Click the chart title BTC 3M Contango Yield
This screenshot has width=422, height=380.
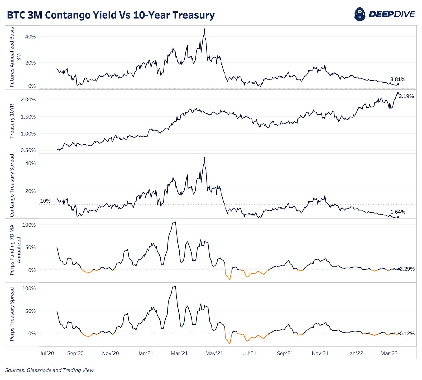point(111,15)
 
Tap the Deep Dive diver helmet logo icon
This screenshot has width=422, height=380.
point(360,14)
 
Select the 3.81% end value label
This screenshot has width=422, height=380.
point(397,79)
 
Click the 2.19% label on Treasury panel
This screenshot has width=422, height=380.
point(406,96)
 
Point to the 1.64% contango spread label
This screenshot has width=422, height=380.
point(397,212)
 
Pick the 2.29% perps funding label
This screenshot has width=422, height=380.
point(407,269)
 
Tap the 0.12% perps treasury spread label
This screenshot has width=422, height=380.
point(407,334)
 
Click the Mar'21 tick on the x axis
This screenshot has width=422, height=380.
point(179,353)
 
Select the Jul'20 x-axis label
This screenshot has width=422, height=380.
point(47,353)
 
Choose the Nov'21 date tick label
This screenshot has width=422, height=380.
point(320,353)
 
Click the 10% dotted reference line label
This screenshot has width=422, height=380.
point(45,201)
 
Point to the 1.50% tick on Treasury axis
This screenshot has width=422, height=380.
point(28,117)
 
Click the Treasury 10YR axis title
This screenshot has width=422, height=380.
point(12,121)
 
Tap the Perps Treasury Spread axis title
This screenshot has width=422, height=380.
point(12,314)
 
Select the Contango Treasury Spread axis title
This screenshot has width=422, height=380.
point(12,186)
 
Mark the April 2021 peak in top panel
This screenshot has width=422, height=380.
point(205,29)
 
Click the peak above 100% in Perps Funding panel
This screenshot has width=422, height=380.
point(175,222)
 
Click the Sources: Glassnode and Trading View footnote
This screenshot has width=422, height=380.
point(49,370)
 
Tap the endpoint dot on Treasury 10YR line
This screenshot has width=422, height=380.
point(398,93)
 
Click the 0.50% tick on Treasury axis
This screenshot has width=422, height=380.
point(28,150)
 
